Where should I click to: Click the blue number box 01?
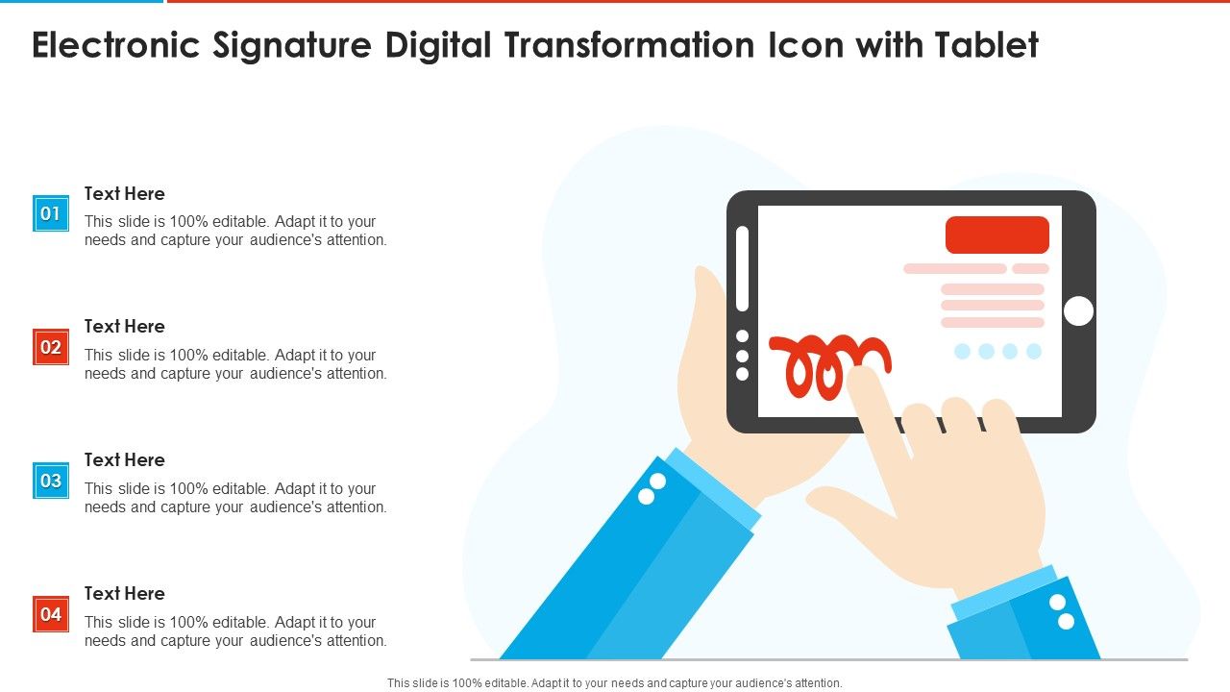(51, 213)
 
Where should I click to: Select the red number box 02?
(51, 347)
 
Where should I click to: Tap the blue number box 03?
(51, 481)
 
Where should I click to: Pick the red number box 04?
(51, 614)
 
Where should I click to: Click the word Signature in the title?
(292, 46)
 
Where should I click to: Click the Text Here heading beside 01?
(125, 194)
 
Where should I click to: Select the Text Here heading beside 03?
(125, 459)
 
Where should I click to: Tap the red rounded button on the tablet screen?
(997, 235)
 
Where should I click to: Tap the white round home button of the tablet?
(1078, 310)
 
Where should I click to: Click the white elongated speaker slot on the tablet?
(742, 268)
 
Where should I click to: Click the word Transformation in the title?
(629, 44)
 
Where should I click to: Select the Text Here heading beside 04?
(125, 594)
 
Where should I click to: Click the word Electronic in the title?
(116, 44)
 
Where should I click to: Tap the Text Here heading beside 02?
(125, 326)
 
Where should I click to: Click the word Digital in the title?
(438, 46)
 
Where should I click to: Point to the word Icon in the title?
(805, 44)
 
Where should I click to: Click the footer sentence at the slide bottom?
(614, 683)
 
